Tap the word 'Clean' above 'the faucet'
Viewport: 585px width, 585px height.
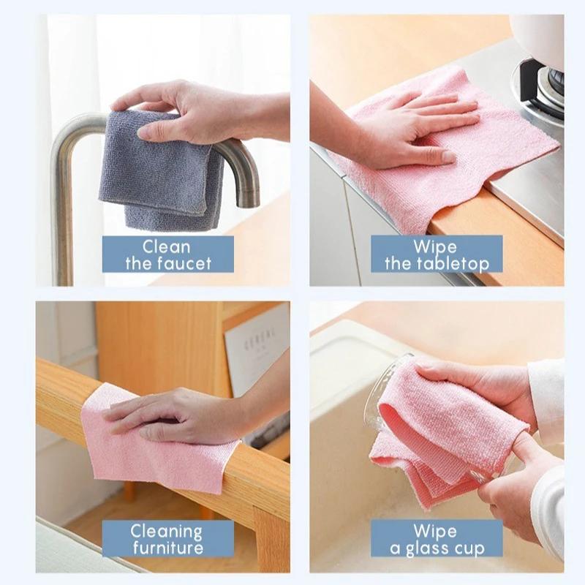click(167, 246)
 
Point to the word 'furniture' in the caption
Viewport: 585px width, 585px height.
click(167, 548)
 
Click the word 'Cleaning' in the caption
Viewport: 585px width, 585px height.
click(167, 531)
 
